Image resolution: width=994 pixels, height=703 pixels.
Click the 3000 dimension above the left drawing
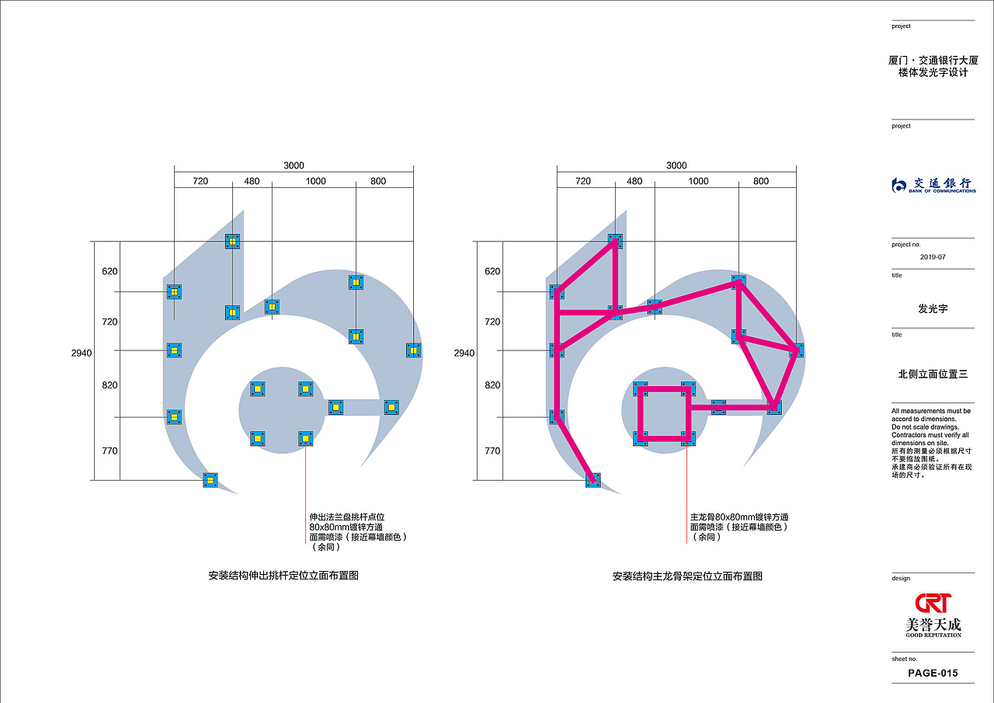pos(294,165)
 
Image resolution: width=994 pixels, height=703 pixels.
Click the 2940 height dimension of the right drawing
pos(464,353)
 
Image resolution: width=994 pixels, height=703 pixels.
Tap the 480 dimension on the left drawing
pos(252,181)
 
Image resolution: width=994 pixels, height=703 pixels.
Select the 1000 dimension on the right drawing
pos(698,181)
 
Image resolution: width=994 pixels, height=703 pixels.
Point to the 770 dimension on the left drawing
pos(109,451)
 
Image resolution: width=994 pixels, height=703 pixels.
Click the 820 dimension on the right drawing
pos(492,385)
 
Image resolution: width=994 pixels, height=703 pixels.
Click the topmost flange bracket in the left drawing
pos(232,242)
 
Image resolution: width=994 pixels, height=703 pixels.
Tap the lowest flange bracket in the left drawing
pos(210,480)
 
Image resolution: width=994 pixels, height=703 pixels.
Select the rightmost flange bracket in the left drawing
pos(414,350)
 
